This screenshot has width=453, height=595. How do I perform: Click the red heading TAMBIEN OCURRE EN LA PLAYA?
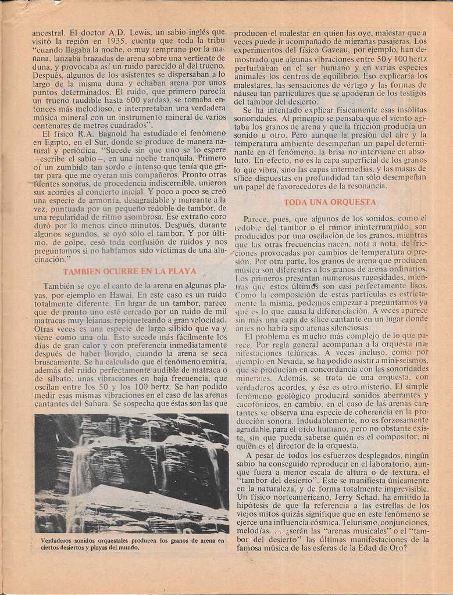(x=130, y=271)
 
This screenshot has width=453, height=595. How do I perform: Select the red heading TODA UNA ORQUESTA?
(x=330, y=202)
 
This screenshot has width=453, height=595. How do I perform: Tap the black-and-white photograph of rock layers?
(x=131, y=473)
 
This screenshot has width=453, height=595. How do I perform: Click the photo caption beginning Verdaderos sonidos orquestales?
(x=131, y=543)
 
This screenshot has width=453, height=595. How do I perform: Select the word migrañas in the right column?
(x=364, y=42)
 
